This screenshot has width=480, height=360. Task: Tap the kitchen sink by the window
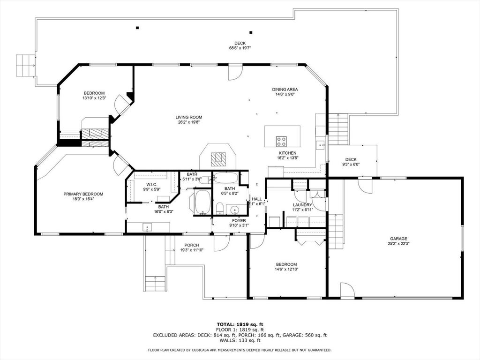(322, 145)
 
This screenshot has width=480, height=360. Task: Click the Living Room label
(188, 117)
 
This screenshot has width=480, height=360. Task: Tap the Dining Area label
(285, 89)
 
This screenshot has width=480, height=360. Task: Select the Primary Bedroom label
(83, 194)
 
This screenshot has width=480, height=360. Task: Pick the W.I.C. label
(151, 184)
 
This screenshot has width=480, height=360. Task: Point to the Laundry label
(302, 205)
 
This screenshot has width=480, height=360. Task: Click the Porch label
(191, 245)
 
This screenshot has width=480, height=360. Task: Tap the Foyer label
(239, 220)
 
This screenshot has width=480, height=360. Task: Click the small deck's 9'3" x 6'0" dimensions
(351, 165)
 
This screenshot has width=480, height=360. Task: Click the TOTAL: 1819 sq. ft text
(240, 324)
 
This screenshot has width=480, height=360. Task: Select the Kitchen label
(287, 153)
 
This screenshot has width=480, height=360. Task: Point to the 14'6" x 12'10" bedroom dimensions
(286, 270)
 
